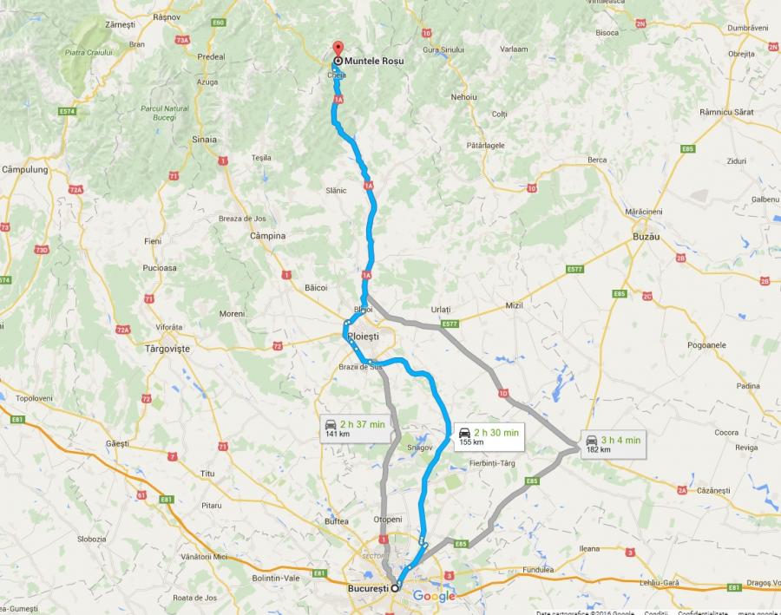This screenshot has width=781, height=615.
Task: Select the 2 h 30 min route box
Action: pos(489,436)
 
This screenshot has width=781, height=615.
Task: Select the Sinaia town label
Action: pos(205,139)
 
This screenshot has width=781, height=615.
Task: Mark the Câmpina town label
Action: pos(267,235)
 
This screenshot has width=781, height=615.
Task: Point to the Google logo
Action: pos(434,596)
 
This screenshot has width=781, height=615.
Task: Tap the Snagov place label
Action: pos(420,447)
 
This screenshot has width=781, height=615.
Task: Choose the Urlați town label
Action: pos(442,309)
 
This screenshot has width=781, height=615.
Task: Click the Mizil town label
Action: pos(515,305)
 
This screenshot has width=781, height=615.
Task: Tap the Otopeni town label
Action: pos(388,519)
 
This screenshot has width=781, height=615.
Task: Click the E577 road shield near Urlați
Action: pos(449,324)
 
